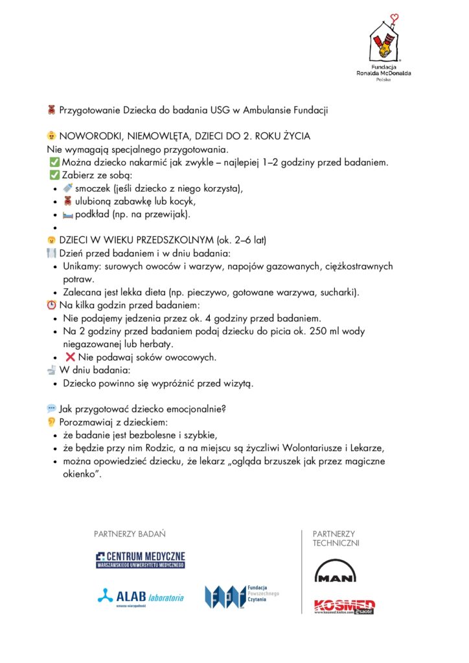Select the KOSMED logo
pyautogui.click(x=344, y=606)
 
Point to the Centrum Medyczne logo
pyautogui.click(x=141, y=559)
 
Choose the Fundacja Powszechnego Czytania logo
pyautogui.click(x=241, y=596)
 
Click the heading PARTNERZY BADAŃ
pyautogui.click(x=130, y=534)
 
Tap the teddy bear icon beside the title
pyautogui.click(x=52, y=110)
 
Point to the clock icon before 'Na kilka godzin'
pyautogui.click(x=52, y=305)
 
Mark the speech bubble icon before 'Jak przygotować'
pyautogui.click(x=52, y=409)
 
